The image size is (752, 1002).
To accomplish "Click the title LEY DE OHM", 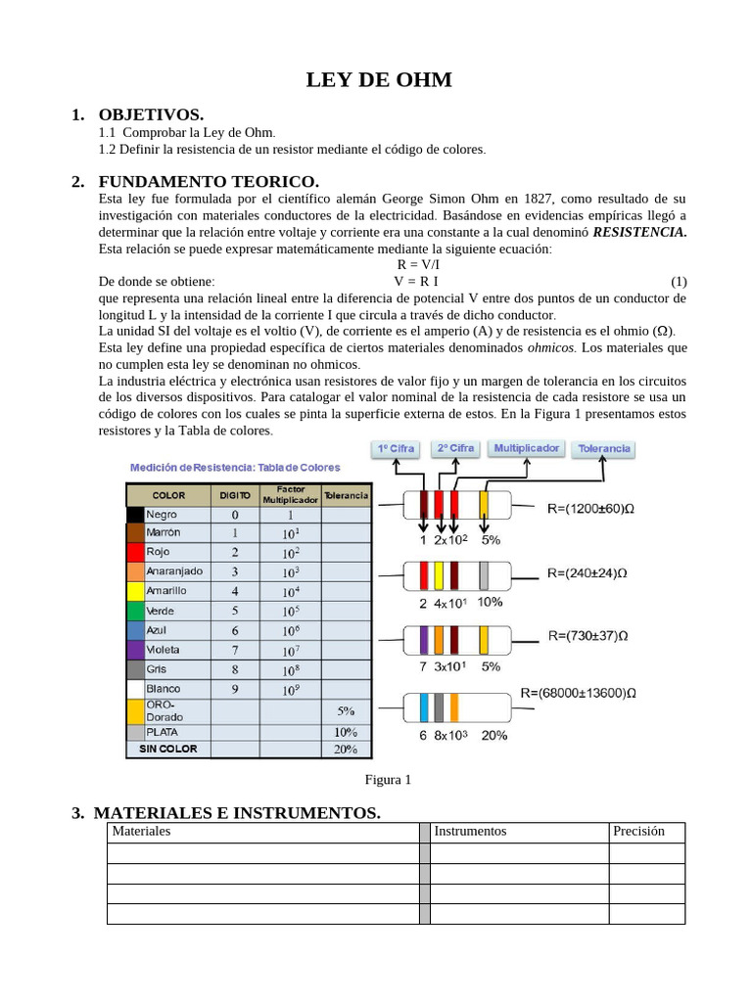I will point(379,80).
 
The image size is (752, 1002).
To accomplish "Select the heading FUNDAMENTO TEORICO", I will point(209,182).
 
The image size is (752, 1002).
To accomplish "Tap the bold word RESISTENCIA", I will point(640,232).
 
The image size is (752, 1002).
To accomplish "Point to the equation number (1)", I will point(679,282).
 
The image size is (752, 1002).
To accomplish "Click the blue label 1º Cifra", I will point(396,449).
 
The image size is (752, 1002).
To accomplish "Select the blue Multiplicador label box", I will point(527,449).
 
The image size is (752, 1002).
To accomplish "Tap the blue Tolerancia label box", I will point(604,450).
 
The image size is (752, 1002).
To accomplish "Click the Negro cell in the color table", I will point(162,514).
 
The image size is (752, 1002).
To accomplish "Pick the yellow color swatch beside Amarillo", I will point(135,592).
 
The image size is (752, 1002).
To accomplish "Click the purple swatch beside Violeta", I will point(135,650).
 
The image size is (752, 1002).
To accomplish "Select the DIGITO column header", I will point(234,495).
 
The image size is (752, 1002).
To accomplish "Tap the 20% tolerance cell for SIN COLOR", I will point(346,750).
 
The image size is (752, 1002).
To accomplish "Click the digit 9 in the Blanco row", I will point(234,689).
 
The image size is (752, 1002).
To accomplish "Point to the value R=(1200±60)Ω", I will point(590,509).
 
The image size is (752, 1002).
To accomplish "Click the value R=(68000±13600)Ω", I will point(579,693).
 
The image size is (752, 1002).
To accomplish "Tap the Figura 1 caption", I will point(388,780).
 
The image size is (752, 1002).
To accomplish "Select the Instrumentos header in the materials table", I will point(470,832).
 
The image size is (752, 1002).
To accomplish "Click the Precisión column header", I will point(638,832).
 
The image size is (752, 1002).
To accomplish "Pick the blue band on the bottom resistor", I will point(425,706).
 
